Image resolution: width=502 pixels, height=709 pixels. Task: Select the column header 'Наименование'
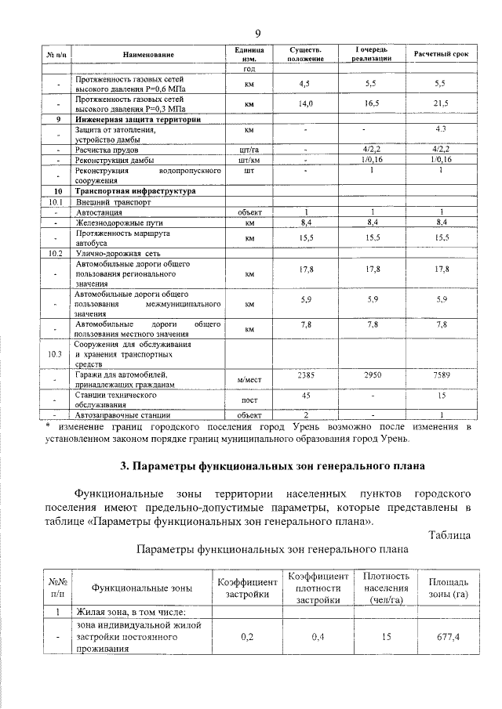click(148, 54)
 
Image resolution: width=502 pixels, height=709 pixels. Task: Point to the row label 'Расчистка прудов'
click(107, 148)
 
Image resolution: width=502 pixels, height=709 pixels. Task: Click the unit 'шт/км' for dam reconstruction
click(249, 159)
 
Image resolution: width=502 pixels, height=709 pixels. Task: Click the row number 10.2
click(55, 253)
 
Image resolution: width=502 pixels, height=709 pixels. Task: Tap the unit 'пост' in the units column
click(249, 400)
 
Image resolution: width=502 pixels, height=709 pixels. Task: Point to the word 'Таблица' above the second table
click(449, 535)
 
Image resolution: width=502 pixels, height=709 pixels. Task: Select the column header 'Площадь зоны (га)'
click(439, 588)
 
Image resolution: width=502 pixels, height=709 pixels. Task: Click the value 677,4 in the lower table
click(439, 638)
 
